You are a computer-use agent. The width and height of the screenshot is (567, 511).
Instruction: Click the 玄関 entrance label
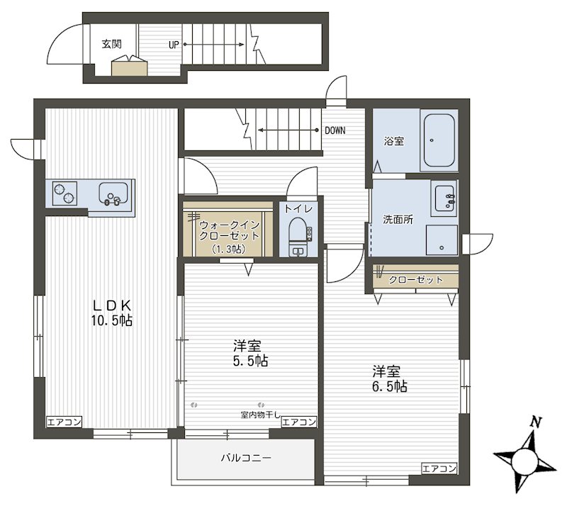tap(111, 44)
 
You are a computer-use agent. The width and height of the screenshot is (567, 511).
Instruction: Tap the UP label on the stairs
tap(174, 45)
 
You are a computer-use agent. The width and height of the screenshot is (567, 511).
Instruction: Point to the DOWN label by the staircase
tap(335, 130)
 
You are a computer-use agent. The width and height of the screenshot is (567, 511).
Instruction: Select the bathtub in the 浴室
tap(439, 140)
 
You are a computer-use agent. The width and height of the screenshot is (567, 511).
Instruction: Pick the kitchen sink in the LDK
tap(113, 194)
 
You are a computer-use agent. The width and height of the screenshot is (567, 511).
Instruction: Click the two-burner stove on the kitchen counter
tap(64, 193)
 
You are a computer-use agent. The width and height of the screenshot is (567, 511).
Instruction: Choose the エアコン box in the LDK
tap(64, 422)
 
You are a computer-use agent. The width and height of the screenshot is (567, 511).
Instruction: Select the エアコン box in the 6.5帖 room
tap(439, 468)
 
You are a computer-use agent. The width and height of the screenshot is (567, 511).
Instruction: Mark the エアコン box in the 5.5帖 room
tap(298, 422)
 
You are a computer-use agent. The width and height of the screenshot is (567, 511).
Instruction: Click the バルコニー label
tap(246, 459)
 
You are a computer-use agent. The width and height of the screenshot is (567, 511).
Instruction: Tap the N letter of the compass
tap(536, 422)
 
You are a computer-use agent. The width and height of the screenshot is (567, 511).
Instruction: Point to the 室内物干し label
tap(260, 415)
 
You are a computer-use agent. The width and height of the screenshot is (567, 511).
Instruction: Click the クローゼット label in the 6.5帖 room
tap(415, 279)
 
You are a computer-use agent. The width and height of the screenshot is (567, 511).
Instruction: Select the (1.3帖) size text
tap(228, 249)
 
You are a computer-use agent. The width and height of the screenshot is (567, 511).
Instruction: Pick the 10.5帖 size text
tap(111, 321)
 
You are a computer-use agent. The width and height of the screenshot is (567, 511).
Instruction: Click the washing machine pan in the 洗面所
tap(442, 240)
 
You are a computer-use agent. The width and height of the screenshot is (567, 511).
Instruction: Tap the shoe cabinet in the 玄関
tap(129, 68)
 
